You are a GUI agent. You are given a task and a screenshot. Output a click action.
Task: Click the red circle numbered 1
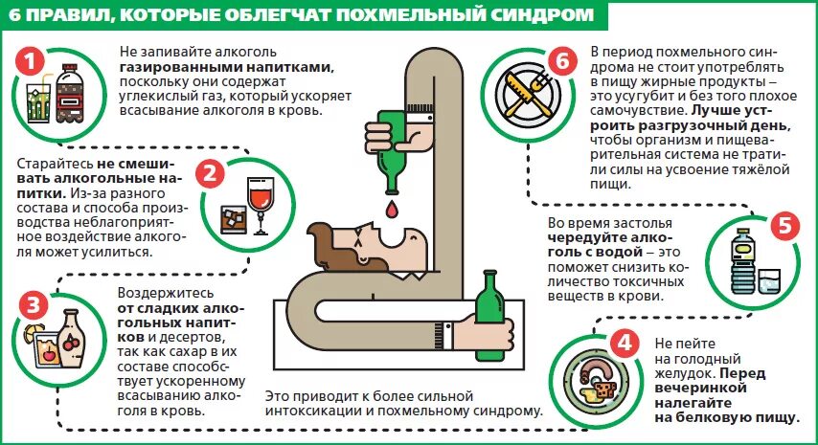pos(34,62)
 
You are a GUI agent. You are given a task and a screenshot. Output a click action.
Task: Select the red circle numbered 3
pos(34,305)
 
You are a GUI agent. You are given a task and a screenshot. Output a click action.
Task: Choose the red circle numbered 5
pos(784,227)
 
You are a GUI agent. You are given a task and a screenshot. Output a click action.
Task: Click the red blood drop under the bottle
pos(390,207)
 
